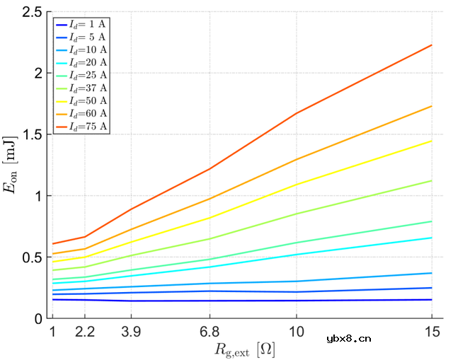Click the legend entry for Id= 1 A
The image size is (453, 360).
(80, 24)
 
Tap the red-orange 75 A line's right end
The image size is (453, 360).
(432, 45)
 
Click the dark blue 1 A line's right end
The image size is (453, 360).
(432, 300)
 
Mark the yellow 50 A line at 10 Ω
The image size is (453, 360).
(297, 185)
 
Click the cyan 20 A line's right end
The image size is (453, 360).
(432, 238)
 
